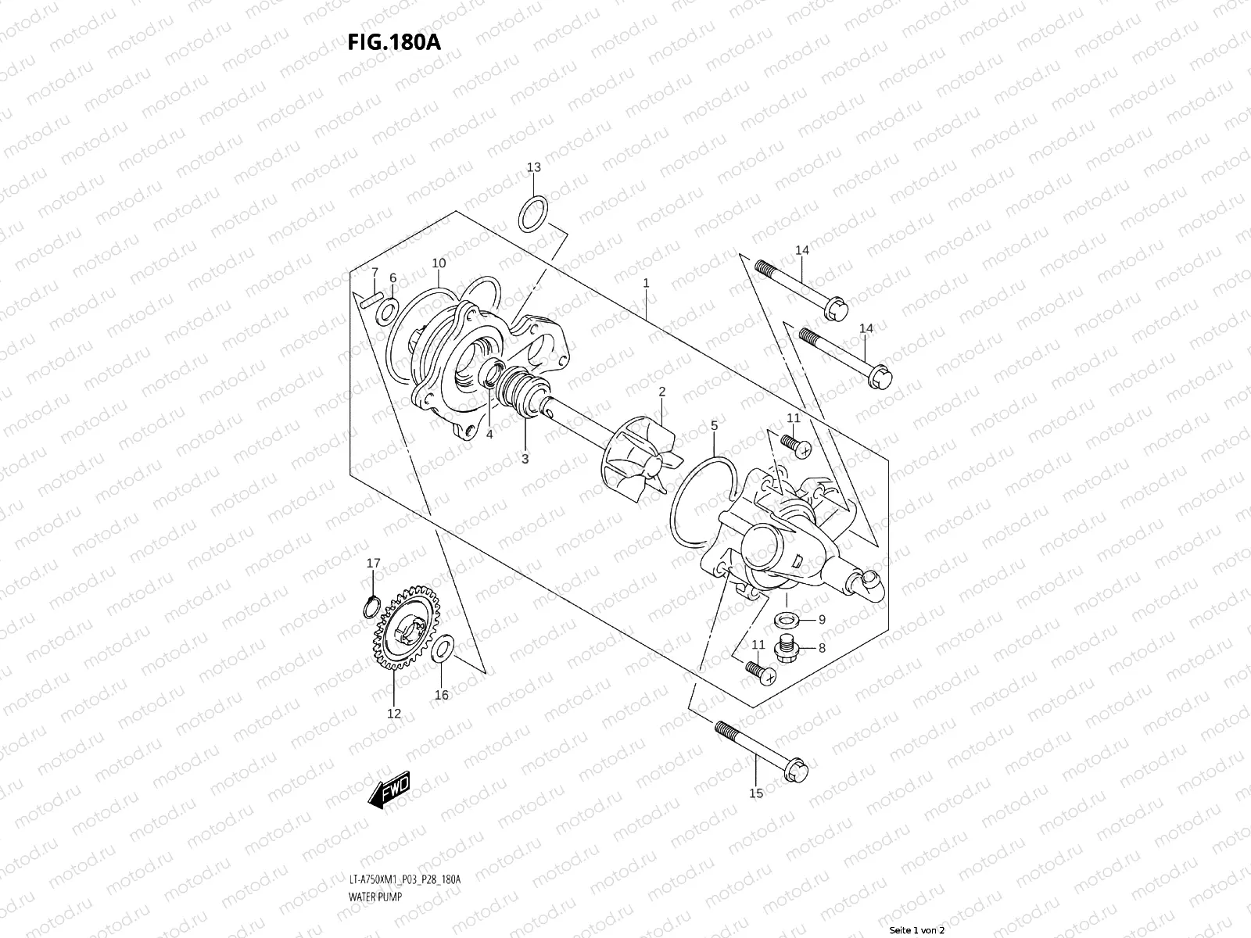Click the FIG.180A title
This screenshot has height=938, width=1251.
click(394, 41)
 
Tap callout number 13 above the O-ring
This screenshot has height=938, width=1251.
click(533, 167)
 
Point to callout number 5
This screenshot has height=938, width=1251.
click(714, 425)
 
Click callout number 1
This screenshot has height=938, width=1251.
click(646, 283)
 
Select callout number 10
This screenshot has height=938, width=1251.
click(438, 263)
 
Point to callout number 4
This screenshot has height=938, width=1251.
click(489, 434)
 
